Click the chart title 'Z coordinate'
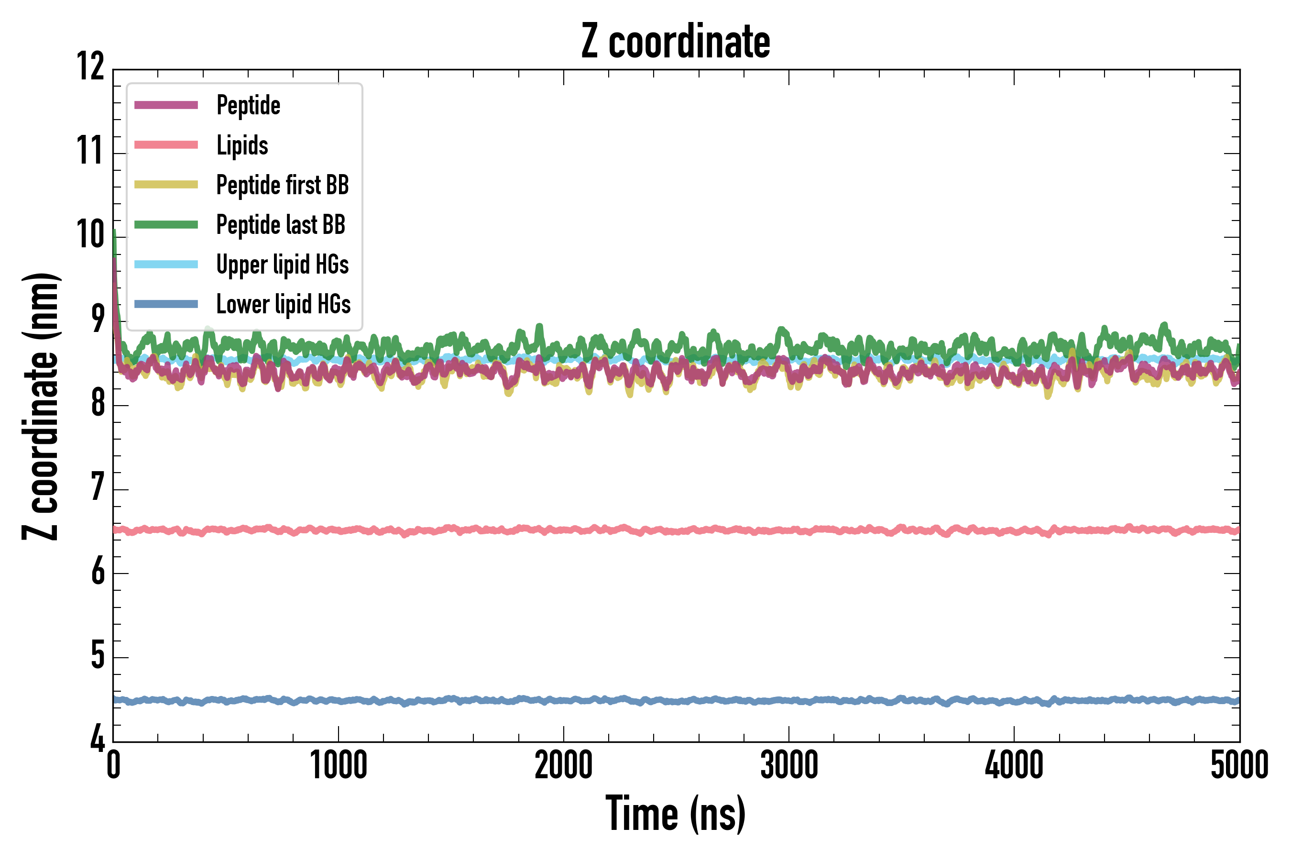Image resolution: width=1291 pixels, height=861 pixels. (676, 42)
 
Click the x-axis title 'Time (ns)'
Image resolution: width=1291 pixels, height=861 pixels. (676, 814)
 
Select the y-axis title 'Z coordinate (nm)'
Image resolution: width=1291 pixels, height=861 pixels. (41, 406)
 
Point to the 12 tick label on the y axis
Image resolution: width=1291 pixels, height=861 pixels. (90, 67)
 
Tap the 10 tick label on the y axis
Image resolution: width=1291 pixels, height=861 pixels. (90, 235)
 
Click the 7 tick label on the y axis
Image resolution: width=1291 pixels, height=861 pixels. (98, 487)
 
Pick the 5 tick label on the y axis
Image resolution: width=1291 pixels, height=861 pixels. (98, 655)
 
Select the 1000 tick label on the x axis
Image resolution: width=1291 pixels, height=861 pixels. (338, 765)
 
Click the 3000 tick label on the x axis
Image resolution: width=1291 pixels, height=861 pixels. (789, 765)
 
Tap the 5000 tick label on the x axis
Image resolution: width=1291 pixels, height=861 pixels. (1239, 765)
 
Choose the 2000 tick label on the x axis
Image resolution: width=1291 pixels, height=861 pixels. (564, 765)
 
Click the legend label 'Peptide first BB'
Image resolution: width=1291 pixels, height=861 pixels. (282, 185)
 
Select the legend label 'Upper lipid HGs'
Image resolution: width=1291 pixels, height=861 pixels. (282, 265)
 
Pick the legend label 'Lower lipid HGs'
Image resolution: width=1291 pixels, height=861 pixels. (283, 304)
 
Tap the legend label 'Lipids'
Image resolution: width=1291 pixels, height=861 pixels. (242, 145)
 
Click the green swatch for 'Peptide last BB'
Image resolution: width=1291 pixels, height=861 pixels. (166, 225)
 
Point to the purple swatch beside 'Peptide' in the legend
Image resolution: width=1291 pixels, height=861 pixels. (166, 105)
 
